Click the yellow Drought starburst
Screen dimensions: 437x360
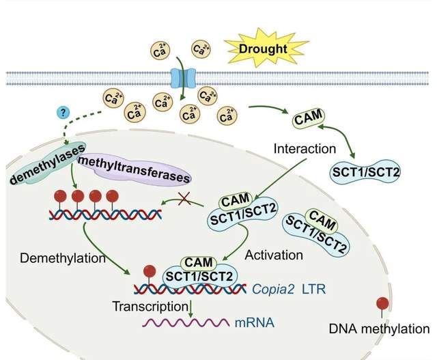263,48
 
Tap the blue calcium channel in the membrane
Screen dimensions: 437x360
183,78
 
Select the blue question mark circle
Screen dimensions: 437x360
64,113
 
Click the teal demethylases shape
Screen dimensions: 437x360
46,164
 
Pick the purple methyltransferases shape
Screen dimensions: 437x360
134,169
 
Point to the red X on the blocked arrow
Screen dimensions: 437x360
184,198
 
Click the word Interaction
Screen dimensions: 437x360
305,149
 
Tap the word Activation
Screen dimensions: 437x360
274,255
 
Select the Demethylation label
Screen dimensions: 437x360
63,258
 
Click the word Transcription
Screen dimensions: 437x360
150,307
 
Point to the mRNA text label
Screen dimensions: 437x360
255,322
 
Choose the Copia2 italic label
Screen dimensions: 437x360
273,289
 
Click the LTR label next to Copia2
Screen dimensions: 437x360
314,289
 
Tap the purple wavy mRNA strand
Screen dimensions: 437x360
186,322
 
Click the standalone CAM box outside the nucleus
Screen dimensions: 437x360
309,119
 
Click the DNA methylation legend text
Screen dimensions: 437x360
379,329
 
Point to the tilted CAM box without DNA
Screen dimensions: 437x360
322,220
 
